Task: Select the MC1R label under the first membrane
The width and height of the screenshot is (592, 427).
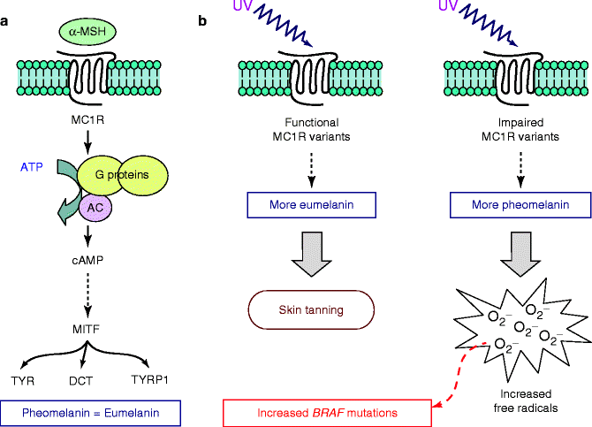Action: [87, 117]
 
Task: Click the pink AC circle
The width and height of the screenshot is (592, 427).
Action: [95, 208]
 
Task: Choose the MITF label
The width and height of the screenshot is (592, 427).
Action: [87, 331]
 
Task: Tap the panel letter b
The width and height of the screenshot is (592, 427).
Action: [203, 19]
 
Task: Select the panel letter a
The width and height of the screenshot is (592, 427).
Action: [6, 19]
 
